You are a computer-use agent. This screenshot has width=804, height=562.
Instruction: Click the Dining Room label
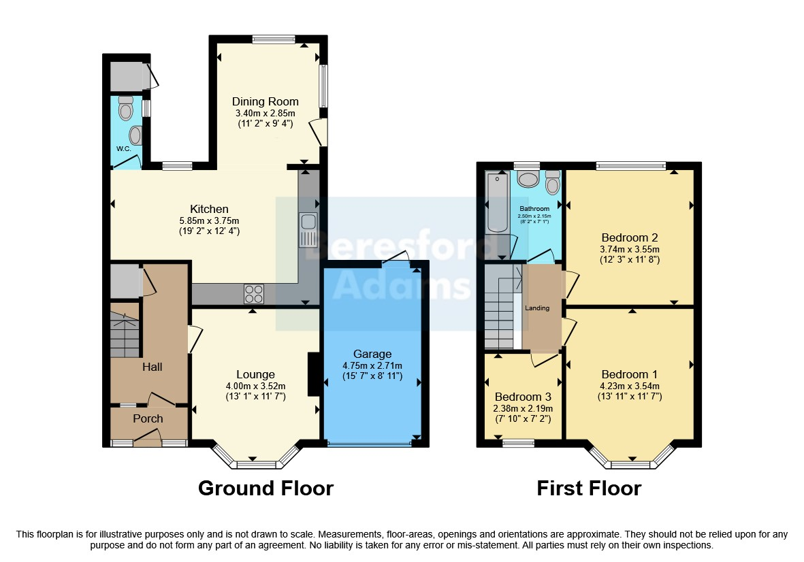[x=265, y=101]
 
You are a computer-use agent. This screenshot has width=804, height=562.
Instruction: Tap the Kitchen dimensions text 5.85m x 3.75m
[x=209, y=221]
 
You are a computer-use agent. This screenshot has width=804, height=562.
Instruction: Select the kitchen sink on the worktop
[x=308, y=230]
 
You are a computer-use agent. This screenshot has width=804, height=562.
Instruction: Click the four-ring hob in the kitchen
[x=254, y=294]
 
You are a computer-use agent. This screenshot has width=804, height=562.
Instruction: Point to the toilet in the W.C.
[x=125, y=108]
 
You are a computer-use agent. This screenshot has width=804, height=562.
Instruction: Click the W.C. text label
[x=124, y=148]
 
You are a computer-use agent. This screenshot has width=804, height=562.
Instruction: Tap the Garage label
[x=372, y=354]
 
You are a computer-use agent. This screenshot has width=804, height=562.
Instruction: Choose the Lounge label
[x=255, y=374]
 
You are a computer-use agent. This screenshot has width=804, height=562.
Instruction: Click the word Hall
[x=152, y=367]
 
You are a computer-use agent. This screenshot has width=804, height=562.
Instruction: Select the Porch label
[x=148, y=418]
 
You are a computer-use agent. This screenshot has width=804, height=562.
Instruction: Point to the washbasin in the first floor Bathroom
[x=528, y=180]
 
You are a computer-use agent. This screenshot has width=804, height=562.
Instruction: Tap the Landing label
[x=537, y=308]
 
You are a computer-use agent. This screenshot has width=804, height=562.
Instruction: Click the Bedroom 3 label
[x=523, y=397]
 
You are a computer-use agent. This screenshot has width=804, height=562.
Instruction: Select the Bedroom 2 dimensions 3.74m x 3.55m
[x=630, y=250]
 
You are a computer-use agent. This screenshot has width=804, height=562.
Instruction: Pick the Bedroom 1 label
[x=630, y=374]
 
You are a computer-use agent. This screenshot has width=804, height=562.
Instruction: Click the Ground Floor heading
[x=266, y=489]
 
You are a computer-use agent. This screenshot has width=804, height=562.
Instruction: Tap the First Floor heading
[x=589, y=489]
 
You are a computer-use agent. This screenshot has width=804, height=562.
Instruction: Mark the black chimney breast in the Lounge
[x=314, y=374]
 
